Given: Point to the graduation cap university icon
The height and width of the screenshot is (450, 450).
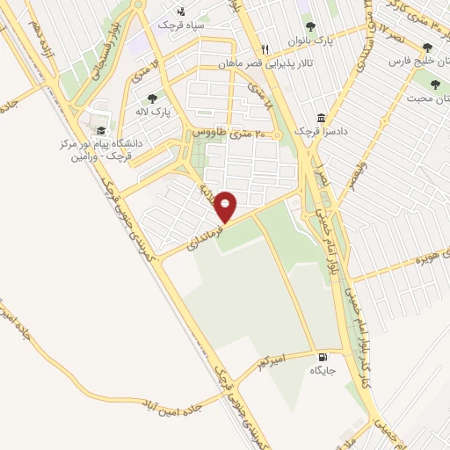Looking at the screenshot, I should click(101, 131).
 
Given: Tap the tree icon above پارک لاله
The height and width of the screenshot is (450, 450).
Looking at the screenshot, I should click(153, 99).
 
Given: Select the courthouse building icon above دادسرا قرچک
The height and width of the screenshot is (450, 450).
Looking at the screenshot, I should click(322, 118).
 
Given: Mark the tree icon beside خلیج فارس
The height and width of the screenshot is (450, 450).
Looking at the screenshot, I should click(428, 48).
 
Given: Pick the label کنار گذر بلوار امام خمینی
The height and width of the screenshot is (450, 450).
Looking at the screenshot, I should click(365, 337).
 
